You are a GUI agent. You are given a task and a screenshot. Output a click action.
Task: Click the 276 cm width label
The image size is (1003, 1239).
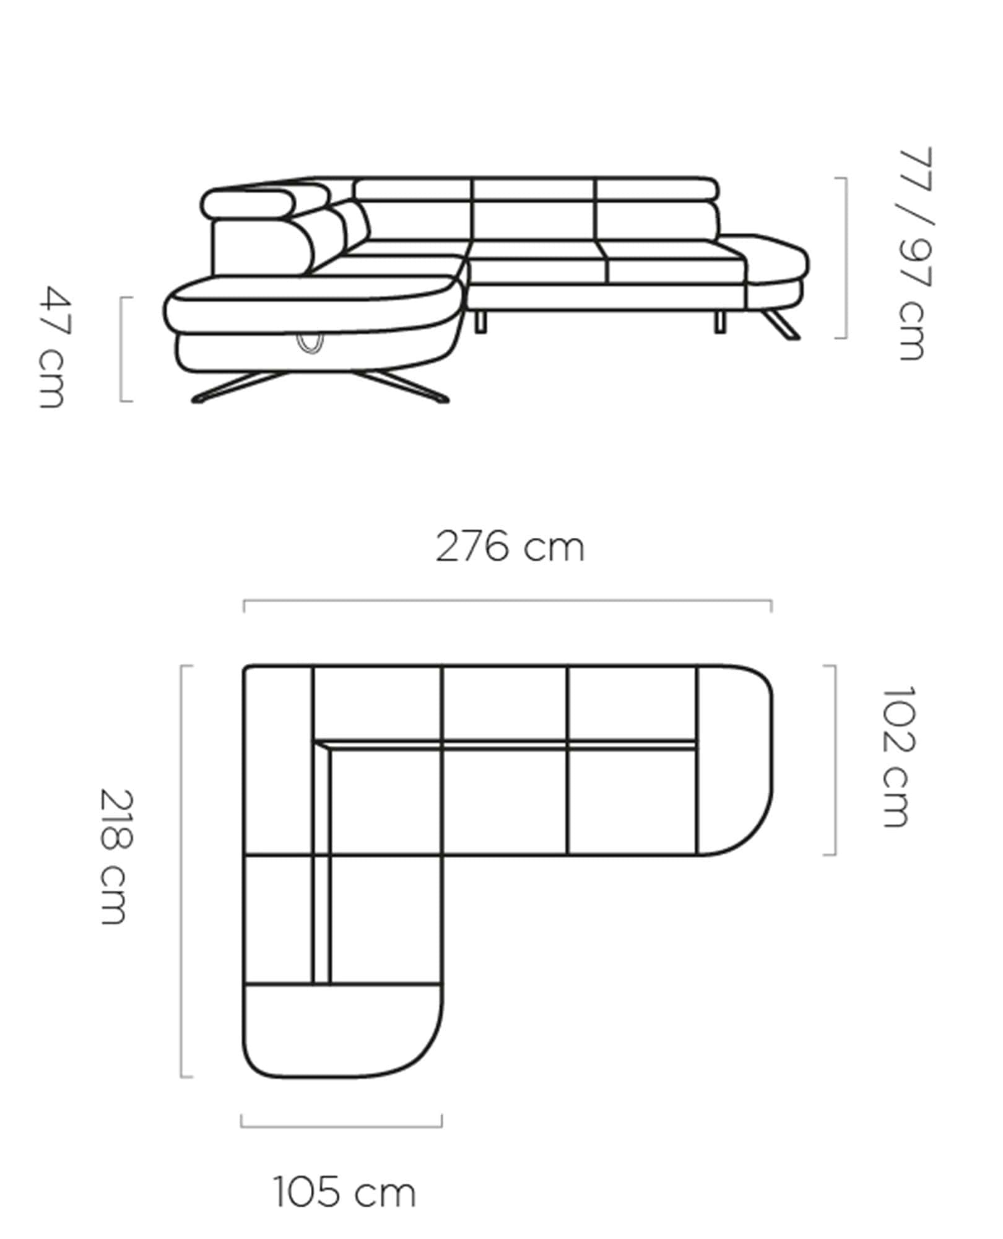tap(510, 548)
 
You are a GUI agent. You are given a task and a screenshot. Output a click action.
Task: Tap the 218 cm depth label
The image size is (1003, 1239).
tap(116, 857)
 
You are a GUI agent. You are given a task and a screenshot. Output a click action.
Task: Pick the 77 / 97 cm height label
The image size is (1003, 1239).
tap(914, 254)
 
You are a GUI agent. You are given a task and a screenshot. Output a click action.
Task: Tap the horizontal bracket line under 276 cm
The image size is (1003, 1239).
tap(508, 601)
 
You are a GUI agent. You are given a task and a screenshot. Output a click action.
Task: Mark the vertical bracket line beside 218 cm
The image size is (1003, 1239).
tap(181, 871)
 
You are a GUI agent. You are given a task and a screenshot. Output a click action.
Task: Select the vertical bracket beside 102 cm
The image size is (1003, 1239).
tap(835, 760)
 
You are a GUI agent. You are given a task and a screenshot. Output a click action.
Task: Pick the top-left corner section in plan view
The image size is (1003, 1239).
tap(279, 703)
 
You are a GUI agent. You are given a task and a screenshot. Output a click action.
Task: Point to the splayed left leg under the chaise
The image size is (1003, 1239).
tap(229, 388)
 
